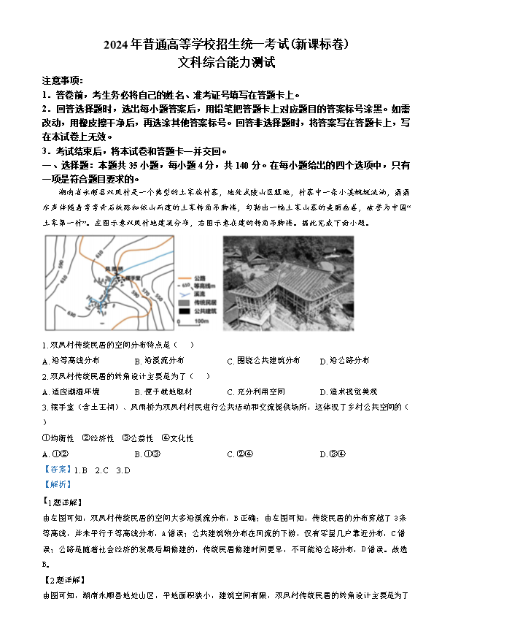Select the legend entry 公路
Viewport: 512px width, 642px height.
click(201, 277)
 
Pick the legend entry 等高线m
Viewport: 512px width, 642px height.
click(204, 285)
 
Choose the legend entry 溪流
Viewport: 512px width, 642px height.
click(201, 293)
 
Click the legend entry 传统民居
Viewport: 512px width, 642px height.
click(204, 302)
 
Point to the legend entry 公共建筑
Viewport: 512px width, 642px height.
click(204, 310)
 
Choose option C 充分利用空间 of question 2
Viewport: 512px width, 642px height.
click(256, 391)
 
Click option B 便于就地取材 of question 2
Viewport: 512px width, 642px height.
click(163, 391)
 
